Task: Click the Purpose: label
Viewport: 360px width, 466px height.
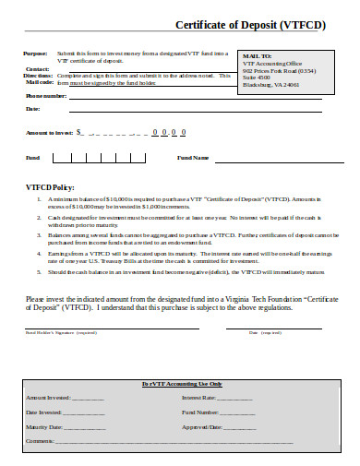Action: tap(36, 54)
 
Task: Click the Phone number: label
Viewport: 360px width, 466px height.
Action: tap(46, 95)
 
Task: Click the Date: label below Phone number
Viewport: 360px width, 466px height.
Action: tap(34, 109)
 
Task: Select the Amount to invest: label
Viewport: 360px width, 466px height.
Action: tap(50, 133)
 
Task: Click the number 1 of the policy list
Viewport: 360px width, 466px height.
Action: tap(40, 198)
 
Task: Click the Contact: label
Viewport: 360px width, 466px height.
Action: tap(38, 68)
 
